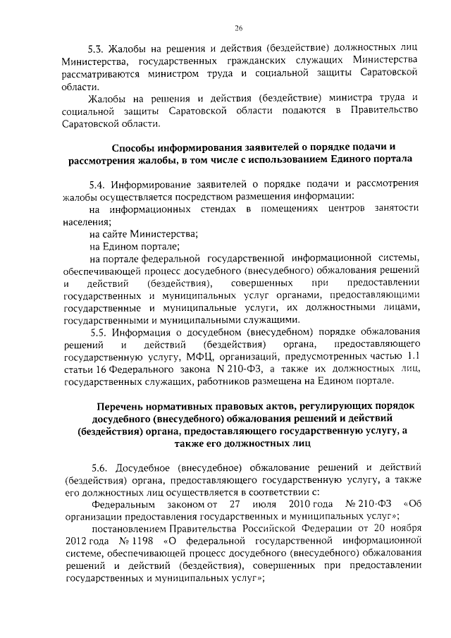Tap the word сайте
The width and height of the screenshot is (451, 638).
click(119, 234)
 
